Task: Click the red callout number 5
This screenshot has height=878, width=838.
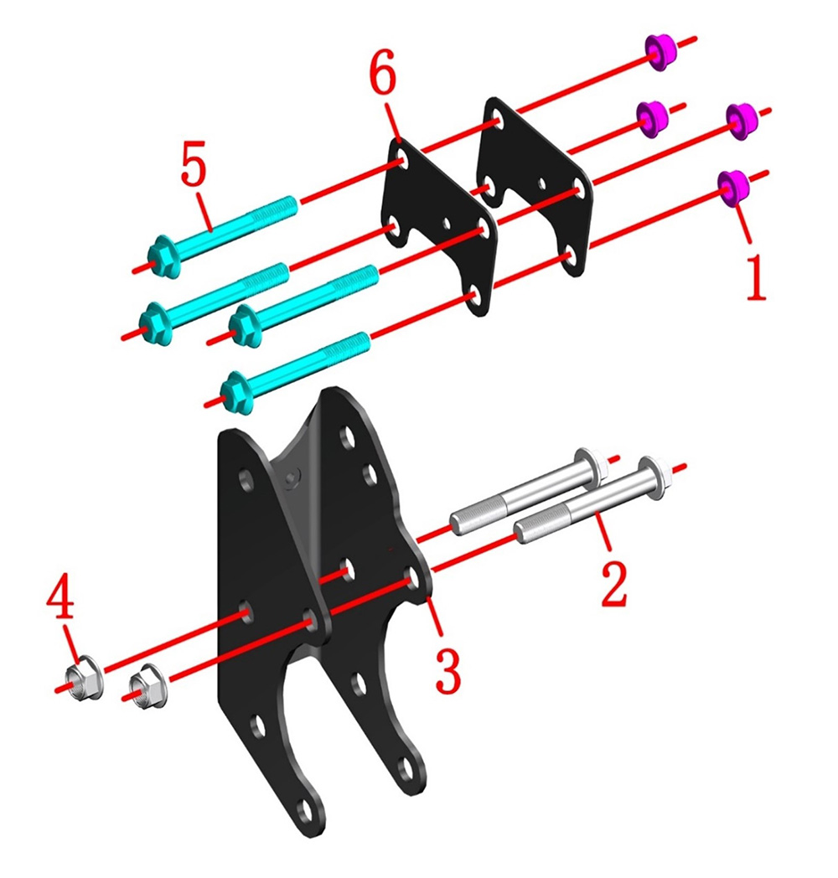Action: pos(194,163)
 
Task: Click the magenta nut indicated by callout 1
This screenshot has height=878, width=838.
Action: pos(733,188)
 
